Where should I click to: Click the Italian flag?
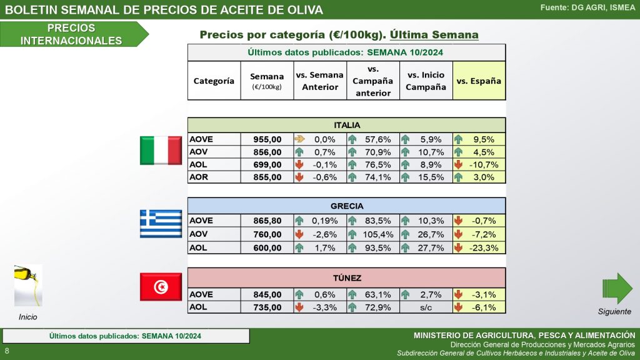[x=161, y=151]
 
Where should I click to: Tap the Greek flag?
[x=161, y=224]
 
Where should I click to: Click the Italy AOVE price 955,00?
[x=267, y=139]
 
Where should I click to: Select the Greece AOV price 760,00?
[x=267, y=234]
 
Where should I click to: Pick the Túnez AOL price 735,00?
[x=267, y=307]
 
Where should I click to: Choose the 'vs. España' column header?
[x=479, y=81]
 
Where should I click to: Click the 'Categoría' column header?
[x=214, y=81]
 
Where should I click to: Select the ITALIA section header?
[x=347, y=125]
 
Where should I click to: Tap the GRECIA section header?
[x=347, y=206]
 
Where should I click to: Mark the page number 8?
[x=7, y=351]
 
